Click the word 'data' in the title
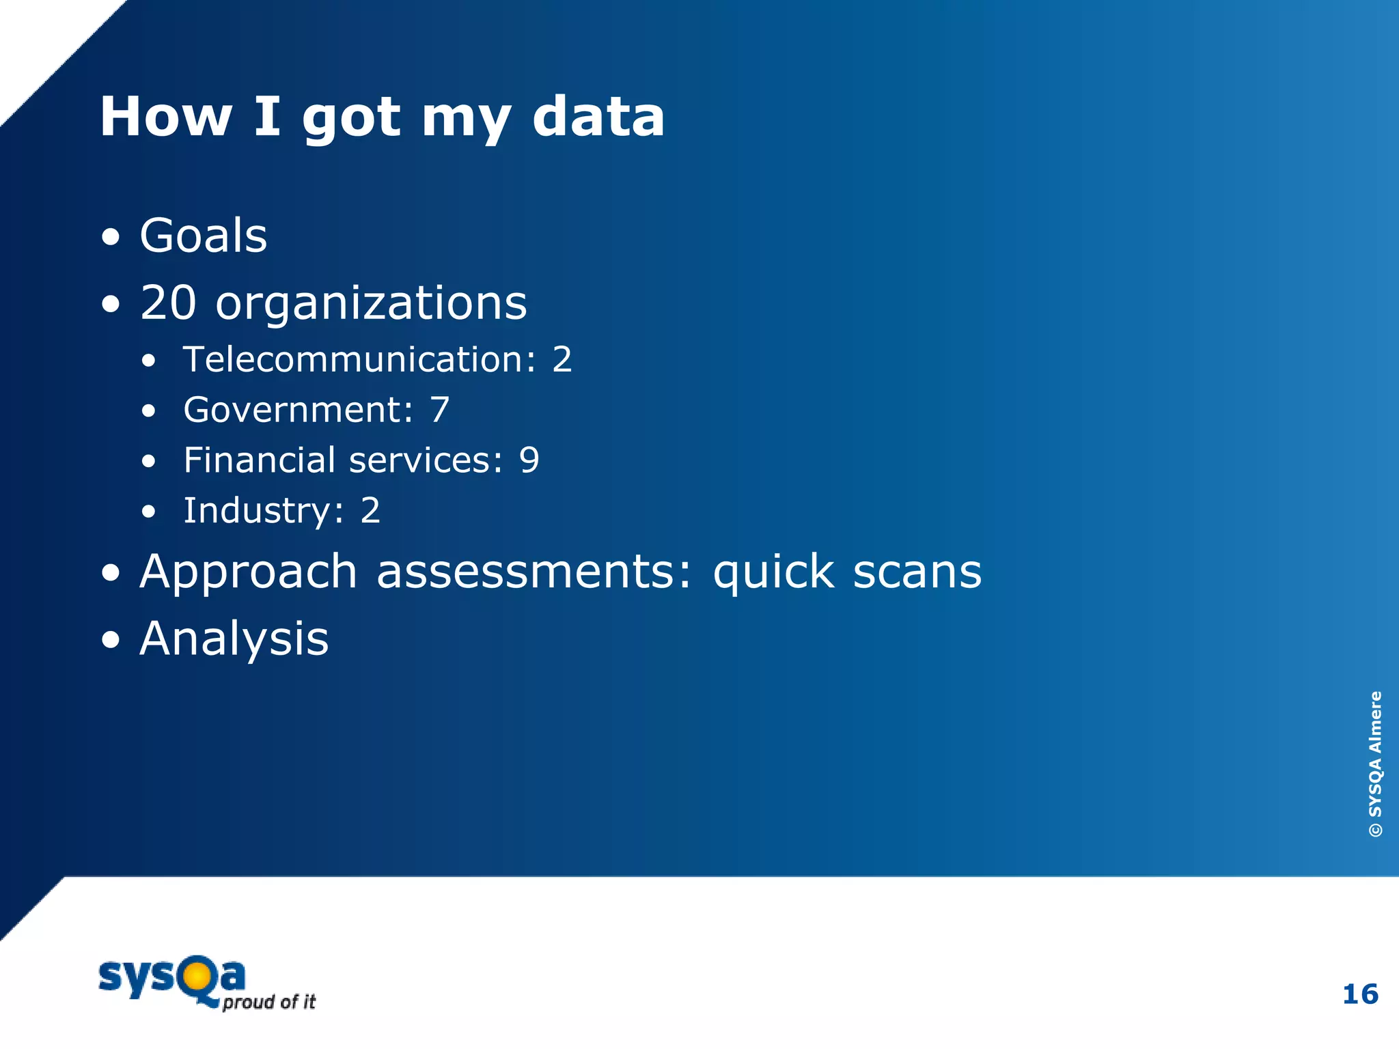pos(598,117)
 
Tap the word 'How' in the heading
pos(166,117)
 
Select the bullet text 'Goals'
pos(204,236)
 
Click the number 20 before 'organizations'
pos(168,303)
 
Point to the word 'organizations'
pos(371,304)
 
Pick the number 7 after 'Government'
pos(439,410)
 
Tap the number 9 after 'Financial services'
pos(529,460)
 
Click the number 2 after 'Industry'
pos(370,511)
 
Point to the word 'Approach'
pos(249,572)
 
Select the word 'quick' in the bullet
pos(773,572)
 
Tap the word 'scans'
pos(917,572)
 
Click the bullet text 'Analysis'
pos(234,639)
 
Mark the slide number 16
pos(1360,994)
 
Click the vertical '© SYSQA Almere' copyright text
pos(1375,764)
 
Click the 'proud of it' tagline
pos(269,1002)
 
